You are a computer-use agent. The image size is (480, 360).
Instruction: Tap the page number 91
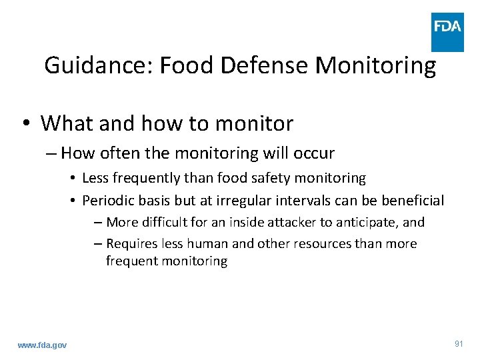(458, 344)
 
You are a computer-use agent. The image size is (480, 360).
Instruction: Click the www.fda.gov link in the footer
(42, 345)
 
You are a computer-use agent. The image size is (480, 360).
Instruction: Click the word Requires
(131, 244)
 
